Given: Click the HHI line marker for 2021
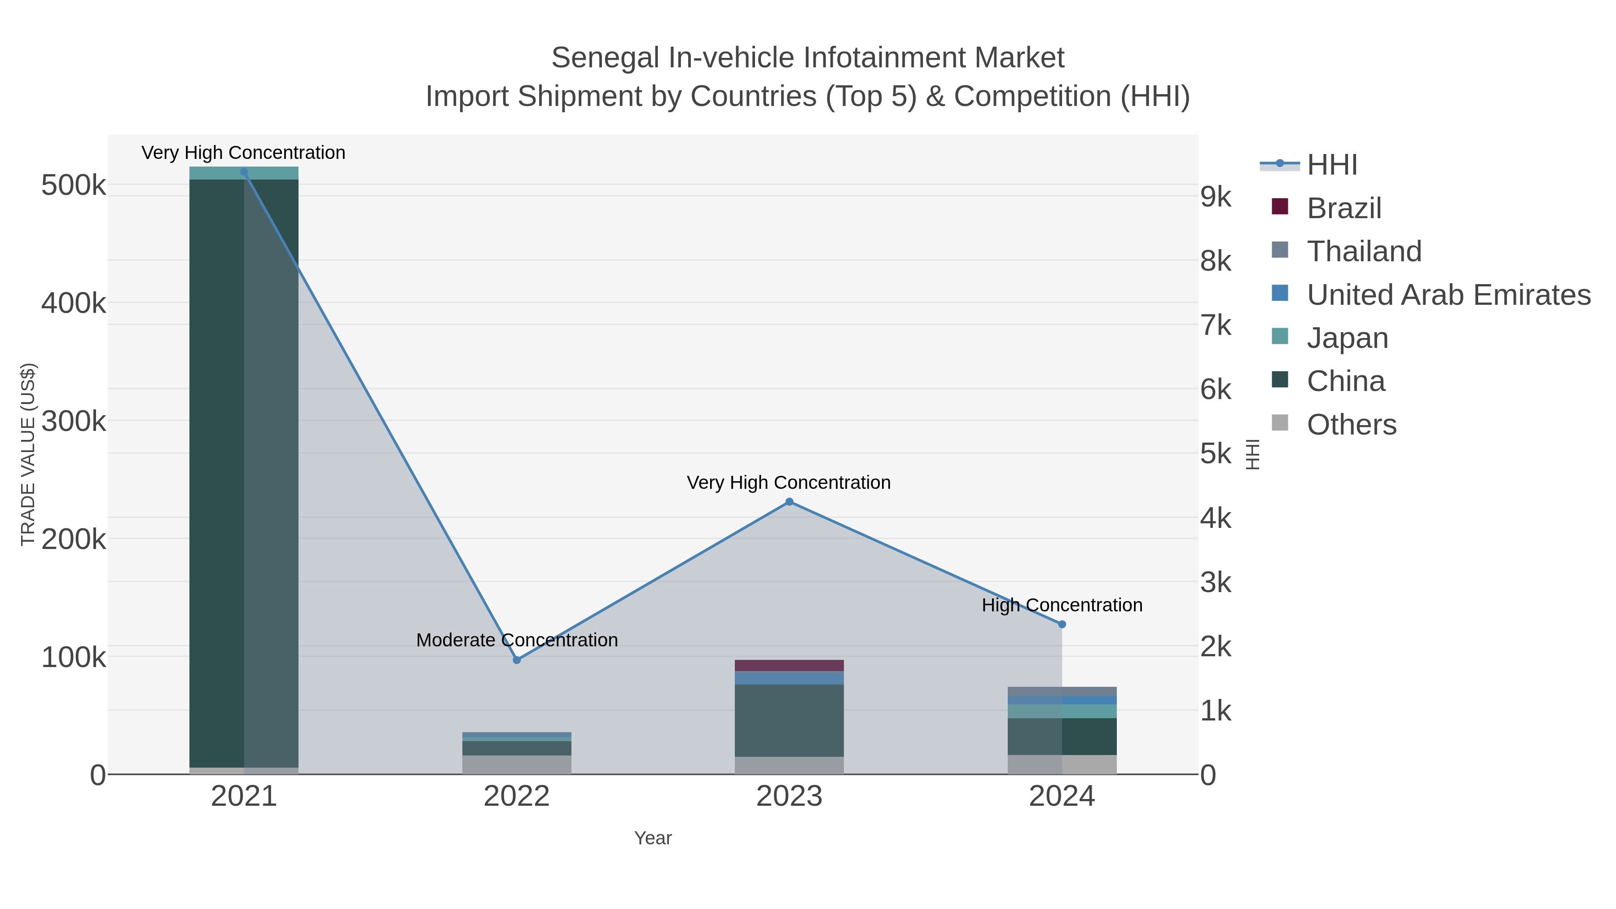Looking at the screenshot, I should point(244,172).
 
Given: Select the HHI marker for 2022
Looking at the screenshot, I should point(517,660).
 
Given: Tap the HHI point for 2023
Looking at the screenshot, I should point(789,502).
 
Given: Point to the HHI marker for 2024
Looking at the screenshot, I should point(1062,624).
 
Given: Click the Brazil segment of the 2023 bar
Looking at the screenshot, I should point(789,666).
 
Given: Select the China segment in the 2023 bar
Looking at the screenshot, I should point(789,720).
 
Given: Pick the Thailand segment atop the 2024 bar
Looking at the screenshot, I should point(1062,691).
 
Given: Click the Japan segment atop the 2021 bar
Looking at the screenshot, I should point(244,174).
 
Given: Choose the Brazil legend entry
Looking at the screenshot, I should point(1344,208).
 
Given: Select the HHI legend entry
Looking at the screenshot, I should point(1332,165).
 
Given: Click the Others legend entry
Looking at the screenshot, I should point(1351,425).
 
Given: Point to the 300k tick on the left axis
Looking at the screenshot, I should point(74,422).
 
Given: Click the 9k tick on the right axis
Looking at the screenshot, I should point(1216,197).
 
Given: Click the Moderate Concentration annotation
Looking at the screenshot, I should point(517,640).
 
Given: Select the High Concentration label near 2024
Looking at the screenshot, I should point(1062,606).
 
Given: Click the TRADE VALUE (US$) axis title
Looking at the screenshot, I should point(27,454).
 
